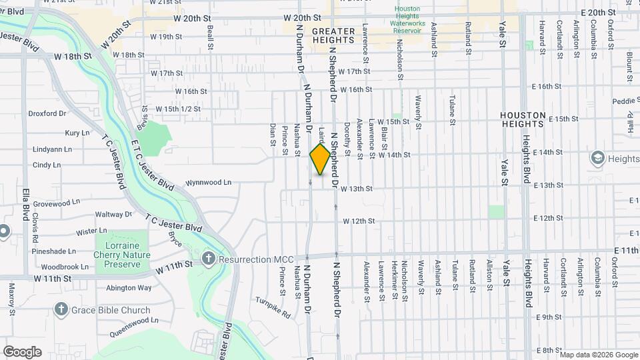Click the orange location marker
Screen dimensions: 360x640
(320, 159)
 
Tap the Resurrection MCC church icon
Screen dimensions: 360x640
(209, 258)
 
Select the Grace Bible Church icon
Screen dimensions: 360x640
(61, 309)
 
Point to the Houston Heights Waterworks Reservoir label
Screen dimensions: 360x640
(407, 20)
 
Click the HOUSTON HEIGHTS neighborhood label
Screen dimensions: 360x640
(523, 119)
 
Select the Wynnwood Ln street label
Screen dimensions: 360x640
(208, 181)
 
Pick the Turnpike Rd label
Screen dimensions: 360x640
(273, 305)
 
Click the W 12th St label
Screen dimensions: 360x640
(359, 221)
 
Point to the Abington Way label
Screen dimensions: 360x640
(129, 288)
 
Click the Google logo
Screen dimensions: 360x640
(22, 351)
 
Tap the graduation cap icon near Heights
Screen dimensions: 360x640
(597, 158)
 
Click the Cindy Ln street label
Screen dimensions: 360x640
(47, 165)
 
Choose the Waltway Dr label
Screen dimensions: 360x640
(113, 215)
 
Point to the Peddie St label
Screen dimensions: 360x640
(625, 101)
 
